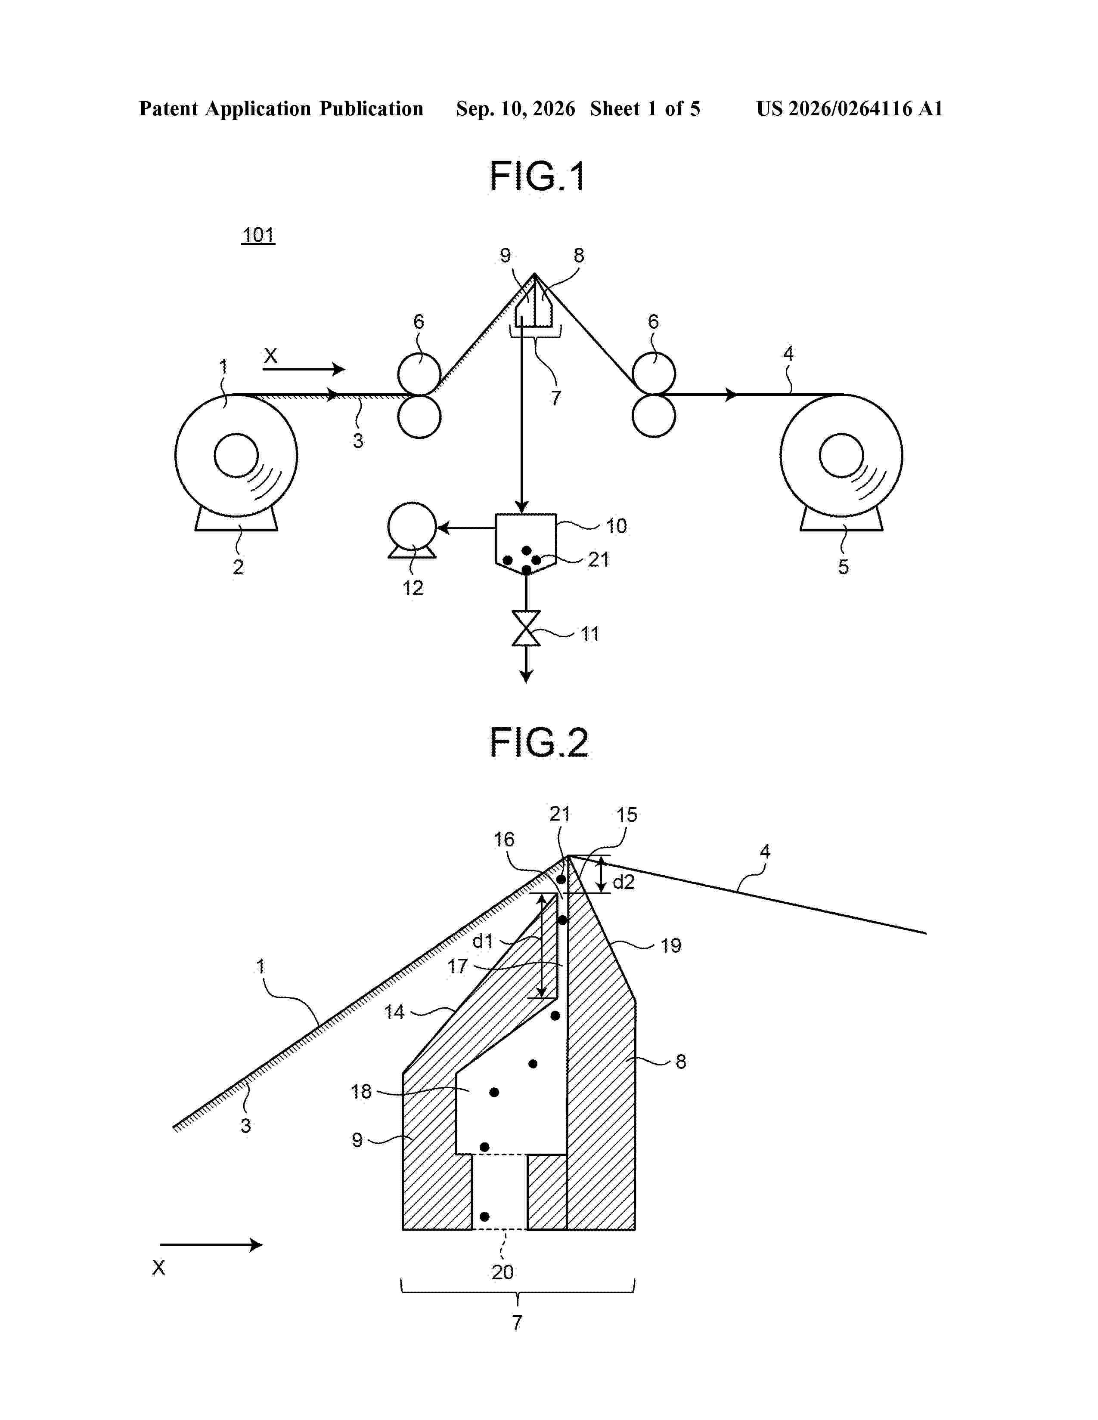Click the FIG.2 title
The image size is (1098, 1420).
(x=539, y=743)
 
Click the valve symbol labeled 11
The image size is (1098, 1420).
(x=526, y=628)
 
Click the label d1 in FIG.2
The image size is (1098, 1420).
(x=483, y=940)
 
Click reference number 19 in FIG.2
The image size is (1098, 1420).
(x=670, y=945)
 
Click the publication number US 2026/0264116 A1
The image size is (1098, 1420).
(x=850, y=108)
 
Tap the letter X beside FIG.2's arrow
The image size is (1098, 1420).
(x=159, y=1267)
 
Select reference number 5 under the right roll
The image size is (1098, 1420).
(x=843, y=566)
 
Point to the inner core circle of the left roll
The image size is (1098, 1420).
(x=236, y=455)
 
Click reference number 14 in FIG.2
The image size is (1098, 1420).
(x=394, y=1012)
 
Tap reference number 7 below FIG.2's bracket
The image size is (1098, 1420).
(x=517, y=1322)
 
